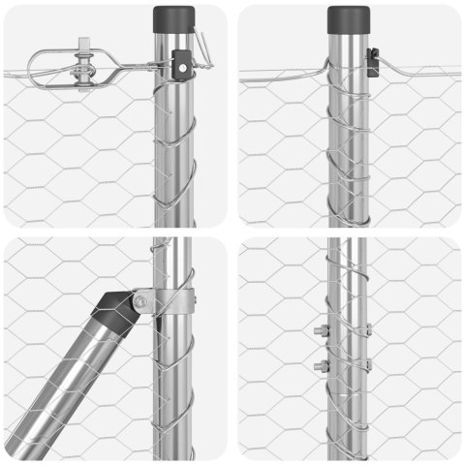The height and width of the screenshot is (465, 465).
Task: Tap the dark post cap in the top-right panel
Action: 348,19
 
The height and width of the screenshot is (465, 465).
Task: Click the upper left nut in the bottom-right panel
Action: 321,332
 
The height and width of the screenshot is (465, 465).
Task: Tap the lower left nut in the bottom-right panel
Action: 321,366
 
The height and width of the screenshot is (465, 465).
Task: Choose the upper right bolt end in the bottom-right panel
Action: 368,331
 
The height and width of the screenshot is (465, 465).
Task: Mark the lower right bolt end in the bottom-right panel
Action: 368,365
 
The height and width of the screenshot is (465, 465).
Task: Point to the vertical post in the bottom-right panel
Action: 347,407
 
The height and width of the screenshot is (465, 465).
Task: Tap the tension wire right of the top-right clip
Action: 417,70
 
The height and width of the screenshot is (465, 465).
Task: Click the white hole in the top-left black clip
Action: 180,69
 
